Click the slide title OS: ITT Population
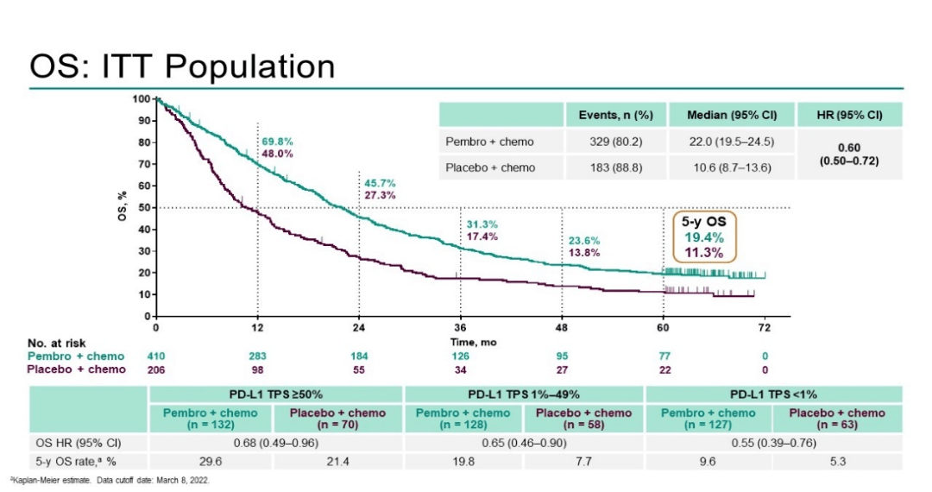(x=182, y=66)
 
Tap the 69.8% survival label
(x=277, y=141)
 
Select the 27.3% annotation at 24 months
(x=381, y=195)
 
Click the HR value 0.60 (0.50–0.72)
(x=847, y=155)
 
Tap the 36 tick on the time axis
(x=461, y=328)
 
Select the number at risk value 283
(x=257, y=356)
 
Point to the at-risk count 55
(x=359, y=369)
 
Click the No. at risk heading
(x=57, y=344)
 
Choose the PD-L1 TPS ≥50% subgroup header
(x=276, y=394)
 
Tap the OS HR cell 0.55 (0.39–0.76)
(x=774, y=444)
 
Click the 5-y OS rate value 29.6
(x=211, y=462)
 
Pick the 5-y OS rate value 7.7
(x=583, y=462)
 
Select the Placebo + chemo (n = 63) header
(x=836, y=418)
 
